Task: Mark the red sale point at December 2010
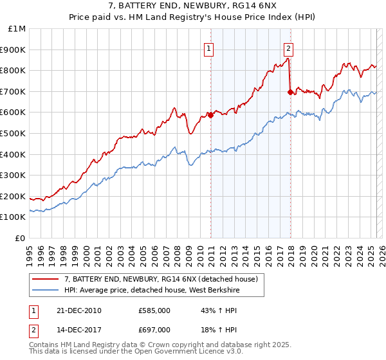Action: point(210,116)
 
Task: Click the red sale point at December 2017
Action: point(290,92)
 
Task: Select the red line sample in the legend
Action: point(46,279)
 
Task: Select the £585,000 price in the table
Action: point(154,311)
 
